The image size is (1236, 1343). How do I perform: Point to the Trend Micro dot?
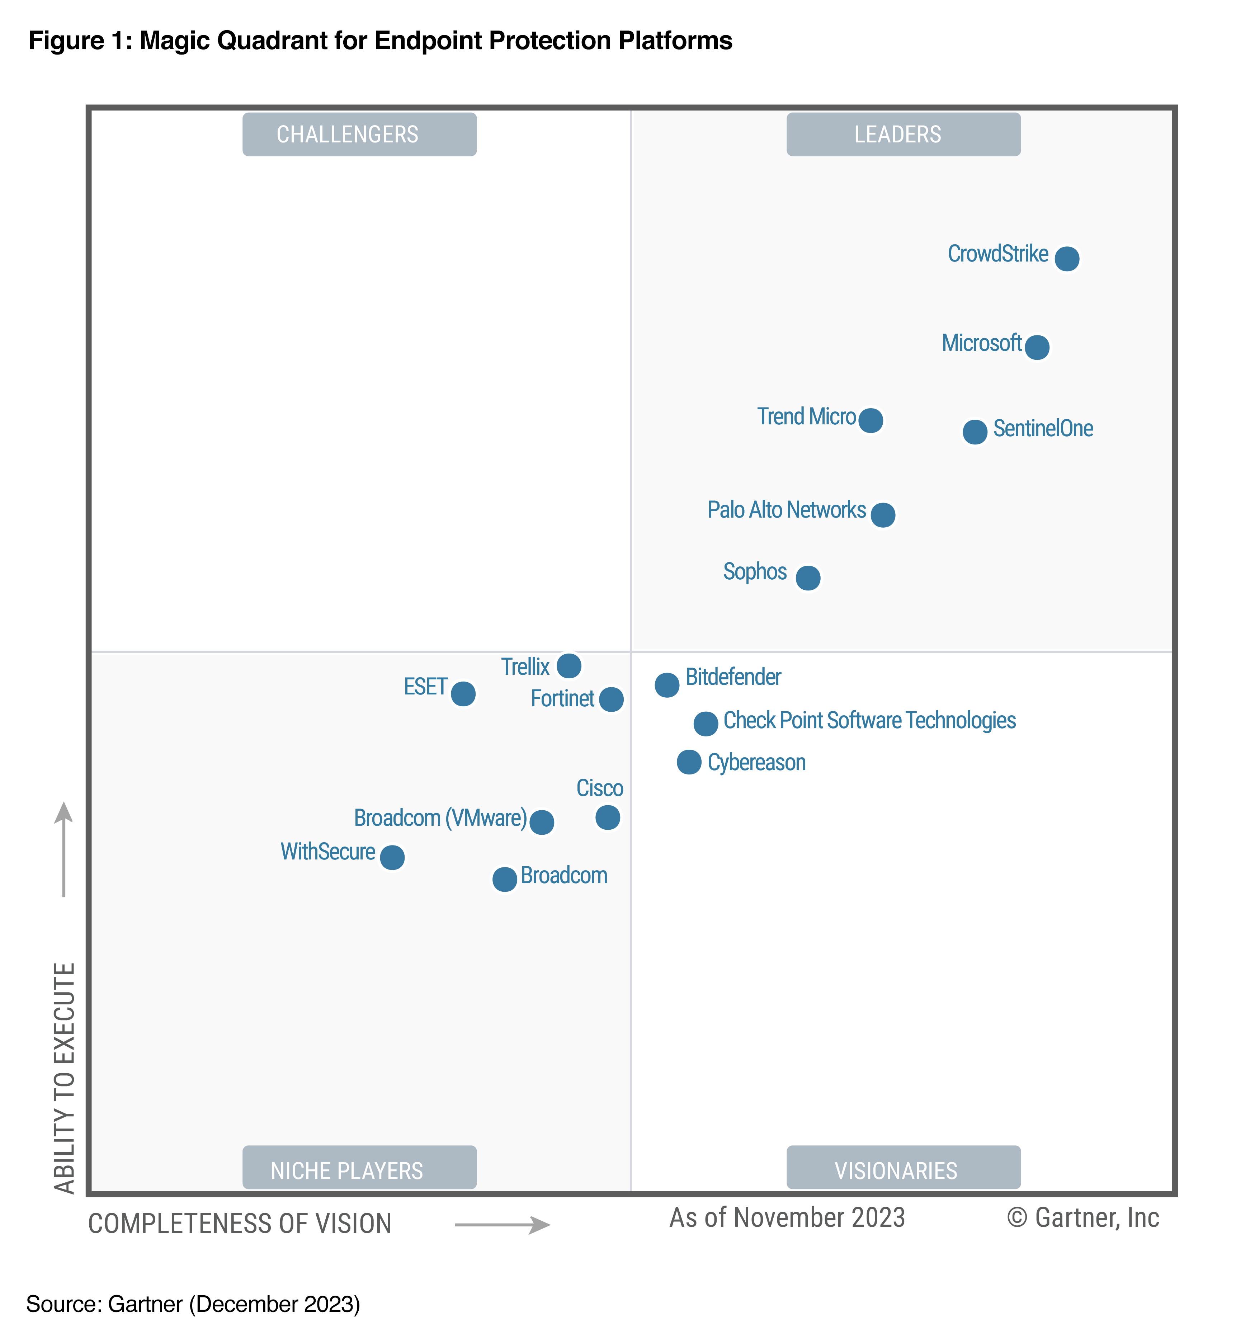[x=870, y=420]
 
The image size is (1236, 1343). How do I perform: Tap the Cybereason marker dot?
[x=689, y=762]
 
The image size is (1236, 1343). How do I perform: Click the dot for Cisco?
[x=607, y=817]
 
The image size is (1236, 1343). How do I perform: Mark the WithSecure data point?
[x=393, y=857]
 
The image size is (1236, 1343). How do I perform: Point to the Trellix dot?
[x=569, y=665]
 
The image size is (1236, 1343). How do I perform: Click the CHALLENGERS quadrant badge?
[x=359, y=135]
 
